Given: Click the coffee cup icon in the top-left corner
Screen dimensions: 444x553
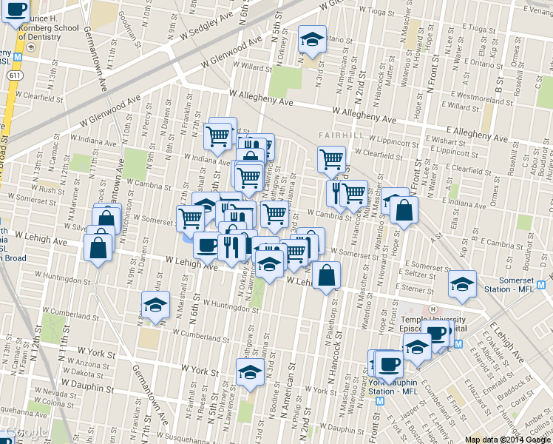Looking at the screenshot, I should [15, 11].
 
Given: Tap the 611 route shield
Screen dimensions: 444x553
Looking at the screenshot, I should [15, 75].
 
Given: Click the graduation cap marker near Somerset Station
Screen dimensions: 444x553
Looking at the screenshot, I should [462, 284].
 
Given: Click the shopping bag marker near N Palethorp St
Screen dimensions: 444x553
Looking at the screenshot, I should [326, 276].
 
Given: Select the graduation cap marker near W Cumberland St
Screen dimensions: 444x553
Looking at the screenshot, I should [155, 304].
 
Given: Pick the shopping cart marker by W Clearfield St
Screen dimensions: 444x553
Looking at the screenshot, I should [331, 158].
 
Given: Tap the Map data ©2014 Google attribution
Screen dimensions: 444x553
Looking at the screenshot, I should [507, 439].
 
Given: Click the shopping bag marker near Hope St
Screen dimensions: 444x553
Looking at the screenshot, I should [404, 211].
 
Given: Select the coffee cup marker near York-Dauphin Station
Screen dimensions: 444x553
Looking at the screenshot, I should [389, 363].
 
